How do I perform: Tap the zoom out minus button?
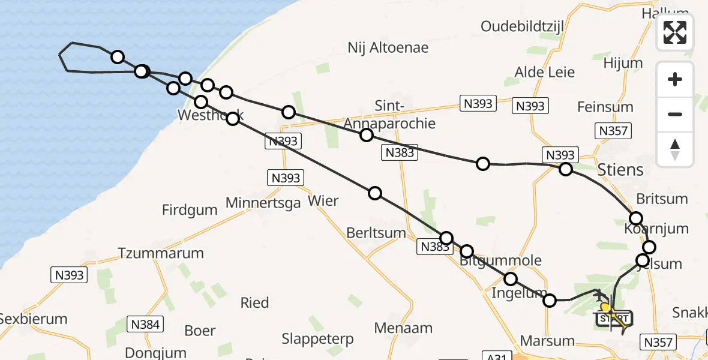pos(675,114)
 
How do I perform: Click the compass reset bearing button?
pos(675,149)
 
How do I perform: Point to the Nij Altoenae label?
pos(388,47)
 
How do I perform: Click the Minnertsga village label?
pos(263,203)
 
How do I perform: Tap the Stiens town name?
pos(620,169)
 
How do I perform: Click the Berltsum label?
pos(376,233)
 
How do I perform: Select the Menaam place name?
pos(403,328)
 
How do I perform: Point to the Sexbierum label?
pos(34,319)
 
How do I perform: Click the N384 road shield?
pos(145,325)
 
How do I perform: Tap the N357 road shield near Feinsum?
pos(613,131)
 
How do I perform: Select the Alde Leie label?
pos(545,73)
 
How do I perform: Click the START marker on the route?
pos(614,318)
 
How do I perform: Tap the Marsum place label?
pos(547,341)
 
